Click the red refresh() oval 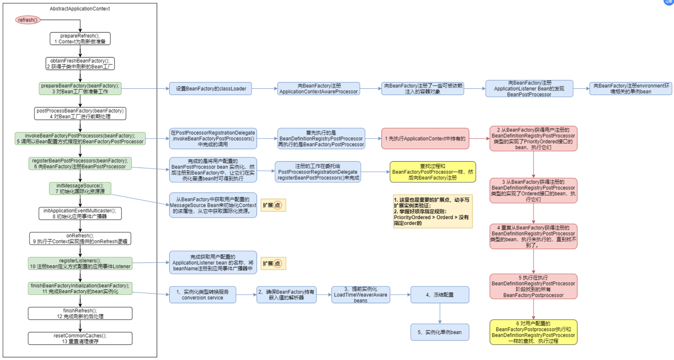pyautogui.click(x=28, y=20)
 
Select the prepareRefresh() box pyautogui.click(x=80, y=38)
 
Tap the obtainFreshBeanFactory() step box pyautogui.click(x=80, y=63)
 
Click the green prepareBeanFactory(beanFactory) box pyautogui.click(x=80, y=88)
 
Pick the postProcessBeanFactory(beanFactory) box pyautogui.click(x=80, y=113)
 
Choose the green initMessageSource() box pyautogui.click(x=80, y=188)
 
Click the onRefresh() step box pyautogui.click(x=80, y=238)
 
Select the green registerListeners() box pyautogui.click(x=80, y=263)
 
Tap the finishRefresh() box pyautogui.click(x=80, y=313)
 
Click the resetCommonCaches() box pyautogui.click(x=80, y=338)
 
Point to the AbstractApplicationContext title pyautogui.click(x=80, y=9)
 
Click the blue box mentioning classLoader pyautogui.click(x=210, y=88)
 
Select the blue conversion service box pyautogui.click(x=202, y=295)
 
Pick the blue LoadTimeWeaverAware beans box pyautogui.click(x=360, y=295)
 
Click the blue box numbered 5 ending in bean pyautogui.click(x=440, y=332)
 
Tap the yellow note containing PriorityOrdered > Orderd pyautogui.click(x=432, y=211)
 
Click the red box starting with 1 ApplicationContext pyautogui.click(x=425, y=139)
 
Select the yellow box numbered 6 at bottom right pyautogui.click(x=533, y=332)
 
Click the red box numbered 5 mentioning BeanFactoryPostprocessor pyautogui.click(x=533, y=286)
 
